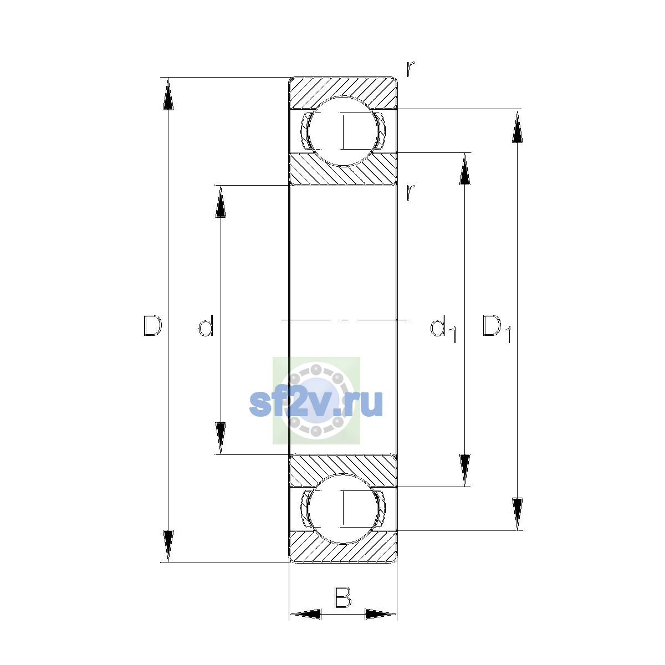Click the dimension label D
[x=152, y=325]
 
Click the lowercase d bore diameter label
[x=206, y=325]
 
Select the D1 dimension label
[x=497, y=328]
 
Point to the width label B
[x=342, y=597]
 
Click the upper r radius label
[x=410, y=69]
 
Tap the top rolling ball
[x=343, y=131]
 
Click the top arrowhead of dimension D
[x=168, y=94]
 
